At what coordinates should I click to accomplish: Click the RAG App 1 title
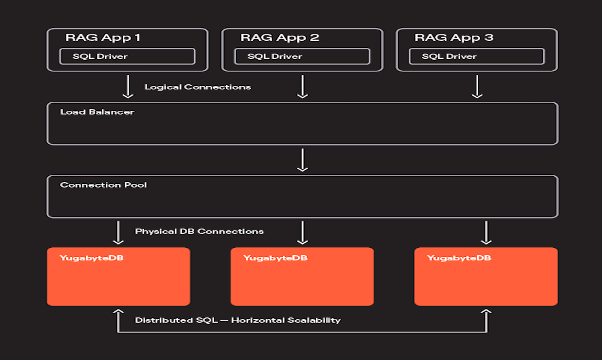coord(103,38)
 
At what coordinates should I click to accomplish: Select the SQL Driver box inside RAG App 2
coord(302,56)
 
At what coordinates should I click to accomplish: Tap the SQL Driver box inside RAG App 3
coord(476,56)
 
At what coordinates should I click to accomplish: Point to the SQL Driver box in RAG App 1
coord(127,56)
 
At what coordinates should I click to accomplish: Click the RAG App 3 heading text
coord(454,38)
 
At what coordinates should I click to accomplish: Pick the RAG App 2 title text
coord(280,38)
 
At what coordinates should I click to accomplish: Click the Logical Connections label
coord(198,87)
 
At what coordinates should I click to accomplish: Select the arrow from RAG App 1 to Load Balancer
coord(128,87)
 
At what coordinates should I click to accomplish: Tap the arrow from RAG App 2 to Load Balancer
coord(302,87)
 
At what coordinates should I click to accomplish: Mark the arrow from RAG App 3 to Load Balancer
coord(477,87)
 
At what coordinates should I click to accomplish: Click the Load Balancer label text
coord(97,112)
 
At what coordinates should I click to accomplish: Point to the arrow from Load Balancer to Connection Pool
coord(302,160)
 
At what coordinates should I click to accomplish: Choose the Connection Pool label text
coord(103,185)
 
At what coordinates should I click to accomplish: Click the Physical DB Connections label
coord(199,232)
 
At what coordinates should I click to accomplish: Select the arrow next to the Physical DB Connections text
coord(118,233)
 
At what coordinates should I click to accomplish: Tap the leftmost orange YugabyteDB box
coord(119,277)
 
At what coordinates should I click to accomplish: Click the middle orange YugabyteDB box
coord(302,277)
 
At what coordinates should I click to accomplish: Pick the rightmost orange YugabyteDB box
coord(486,277)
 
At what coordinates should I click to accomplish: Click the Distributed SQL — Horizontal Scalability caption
coord(237,320)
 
